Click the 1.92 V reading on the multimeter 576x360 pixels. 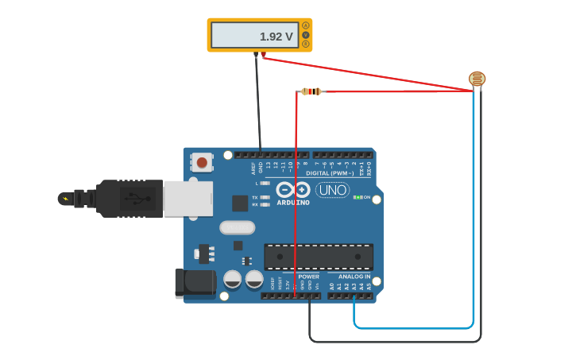pos(276,37)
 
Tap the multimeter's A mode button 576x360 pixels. pos(306,25)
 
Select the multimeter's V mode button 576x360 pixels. pos(306,35)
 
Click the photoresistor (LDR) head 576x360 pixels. pos(477,79)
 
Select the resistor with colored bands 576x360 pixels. pos(311,91)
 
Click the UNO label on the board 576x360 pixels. pos(332,190)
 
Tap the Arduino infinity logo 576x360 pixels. pos(292,190)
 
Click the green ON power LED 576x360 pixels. pos(358,197)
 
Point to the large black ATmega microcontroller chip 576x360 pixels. pos(319,257)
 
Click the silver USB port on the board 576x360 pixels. pos(188,198)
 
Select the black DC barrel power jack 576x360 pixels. pos(194,283)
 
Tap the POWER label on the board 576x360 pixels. pos(308,277)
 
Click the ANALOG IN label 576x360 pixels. pos(354,277)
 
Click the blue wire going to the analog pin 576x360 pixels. pos(474,238)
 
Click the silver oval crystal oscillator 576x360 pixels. pos(237,228)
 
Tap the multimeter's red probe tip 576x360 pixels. pos(263,55)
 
